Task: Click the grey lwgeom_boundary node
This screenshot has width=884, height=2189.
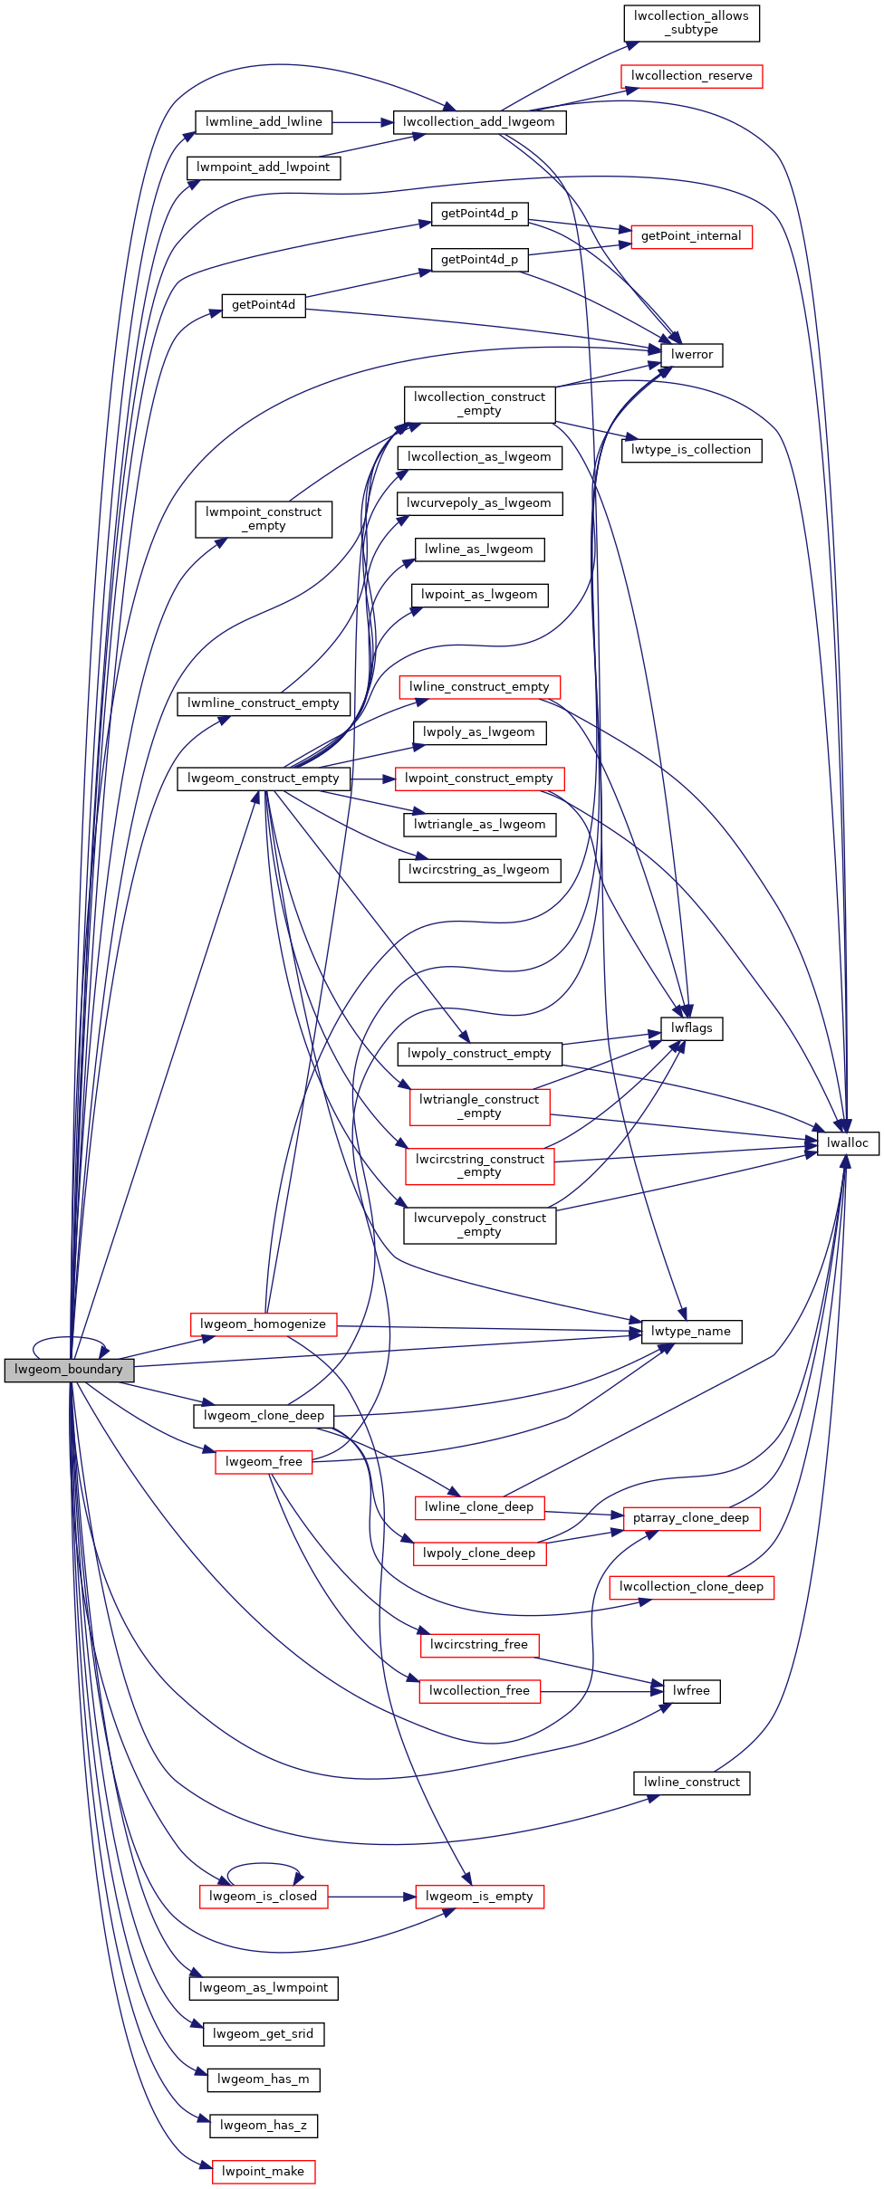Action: click(69, 1370)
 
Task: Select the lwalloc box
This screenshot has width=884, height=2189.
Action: click(847, 1142)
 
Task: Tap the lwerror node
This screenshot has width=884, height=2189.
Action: click(692, 355)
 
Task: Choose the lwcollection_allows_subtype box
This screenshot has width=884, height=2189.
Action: click(691, 23)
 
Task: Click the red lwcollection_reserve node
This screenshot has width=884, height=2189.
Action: click(691, 76)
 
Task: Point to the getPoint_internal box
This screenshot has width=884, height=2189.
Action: click(691, 236)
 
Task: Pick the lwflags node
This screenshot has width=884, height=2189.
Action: click(692, 1028)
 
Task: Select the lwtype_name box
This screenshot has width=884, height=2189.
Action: click(691, 1331)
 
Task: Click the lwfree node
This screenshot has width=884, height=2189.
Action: click(691, 1690)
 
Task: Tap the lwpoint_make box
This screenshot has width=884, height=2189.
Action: click(263, 2171)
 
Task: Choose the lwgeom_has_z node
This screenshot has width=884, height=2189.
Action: click(263, 2125)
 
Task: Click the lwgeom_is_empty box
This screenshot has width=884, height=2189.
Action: click(479, 1896)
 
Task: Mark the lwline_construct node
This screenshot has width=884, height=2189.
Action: click(691, 1782)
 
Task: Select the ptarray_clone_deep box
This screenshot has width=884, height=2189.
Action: click(691, 1517)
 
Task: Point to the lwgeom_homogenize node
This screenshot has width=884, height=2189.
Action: click(263, 1324)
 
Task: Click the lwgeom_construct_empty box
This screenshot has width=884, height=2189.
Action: click(263, 779)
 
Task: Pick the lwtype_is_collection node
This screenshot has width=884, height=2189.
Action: click(691, 450)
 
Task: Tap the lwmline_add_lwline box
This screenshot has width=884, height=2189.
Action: click(264, 122)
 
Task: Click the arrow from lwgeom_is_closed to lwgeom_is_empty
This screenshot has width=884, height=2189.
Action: click(371, 1896)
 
